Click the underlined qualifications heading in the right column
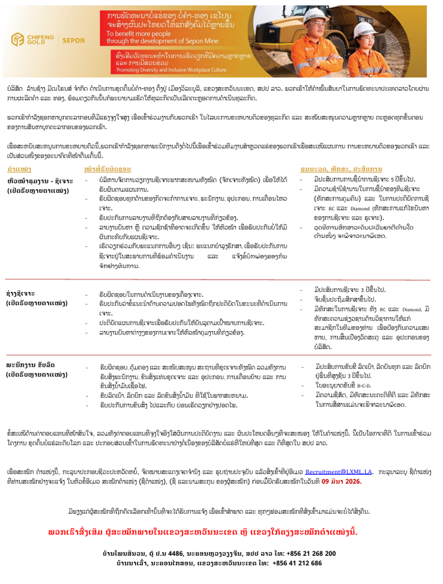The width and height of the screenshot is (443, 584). tap(341, 169)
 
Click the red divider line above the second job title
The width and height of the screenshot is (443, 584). tap(221, 280)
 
